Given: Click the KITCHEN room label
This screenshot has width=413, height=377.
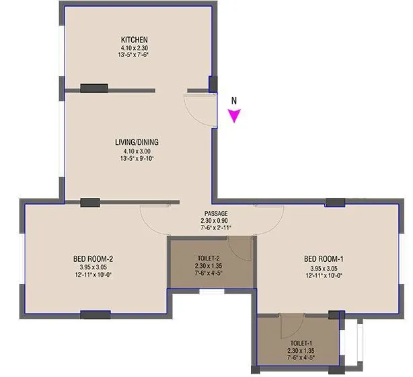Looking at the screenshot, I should click(135, 40).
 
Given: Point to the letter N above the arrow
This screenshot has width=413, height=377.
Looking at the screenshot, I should click(234, 101).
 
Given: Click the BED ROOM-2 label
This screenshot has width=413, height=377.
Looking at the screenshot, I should click(93, 259).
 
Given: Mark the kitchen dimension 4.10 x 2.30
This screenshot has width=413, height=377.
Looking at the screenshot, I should click(135, 48).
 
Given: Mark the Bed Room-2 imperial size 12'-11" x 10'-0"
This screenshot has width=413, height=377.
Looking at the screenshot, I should click(93, 275).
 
